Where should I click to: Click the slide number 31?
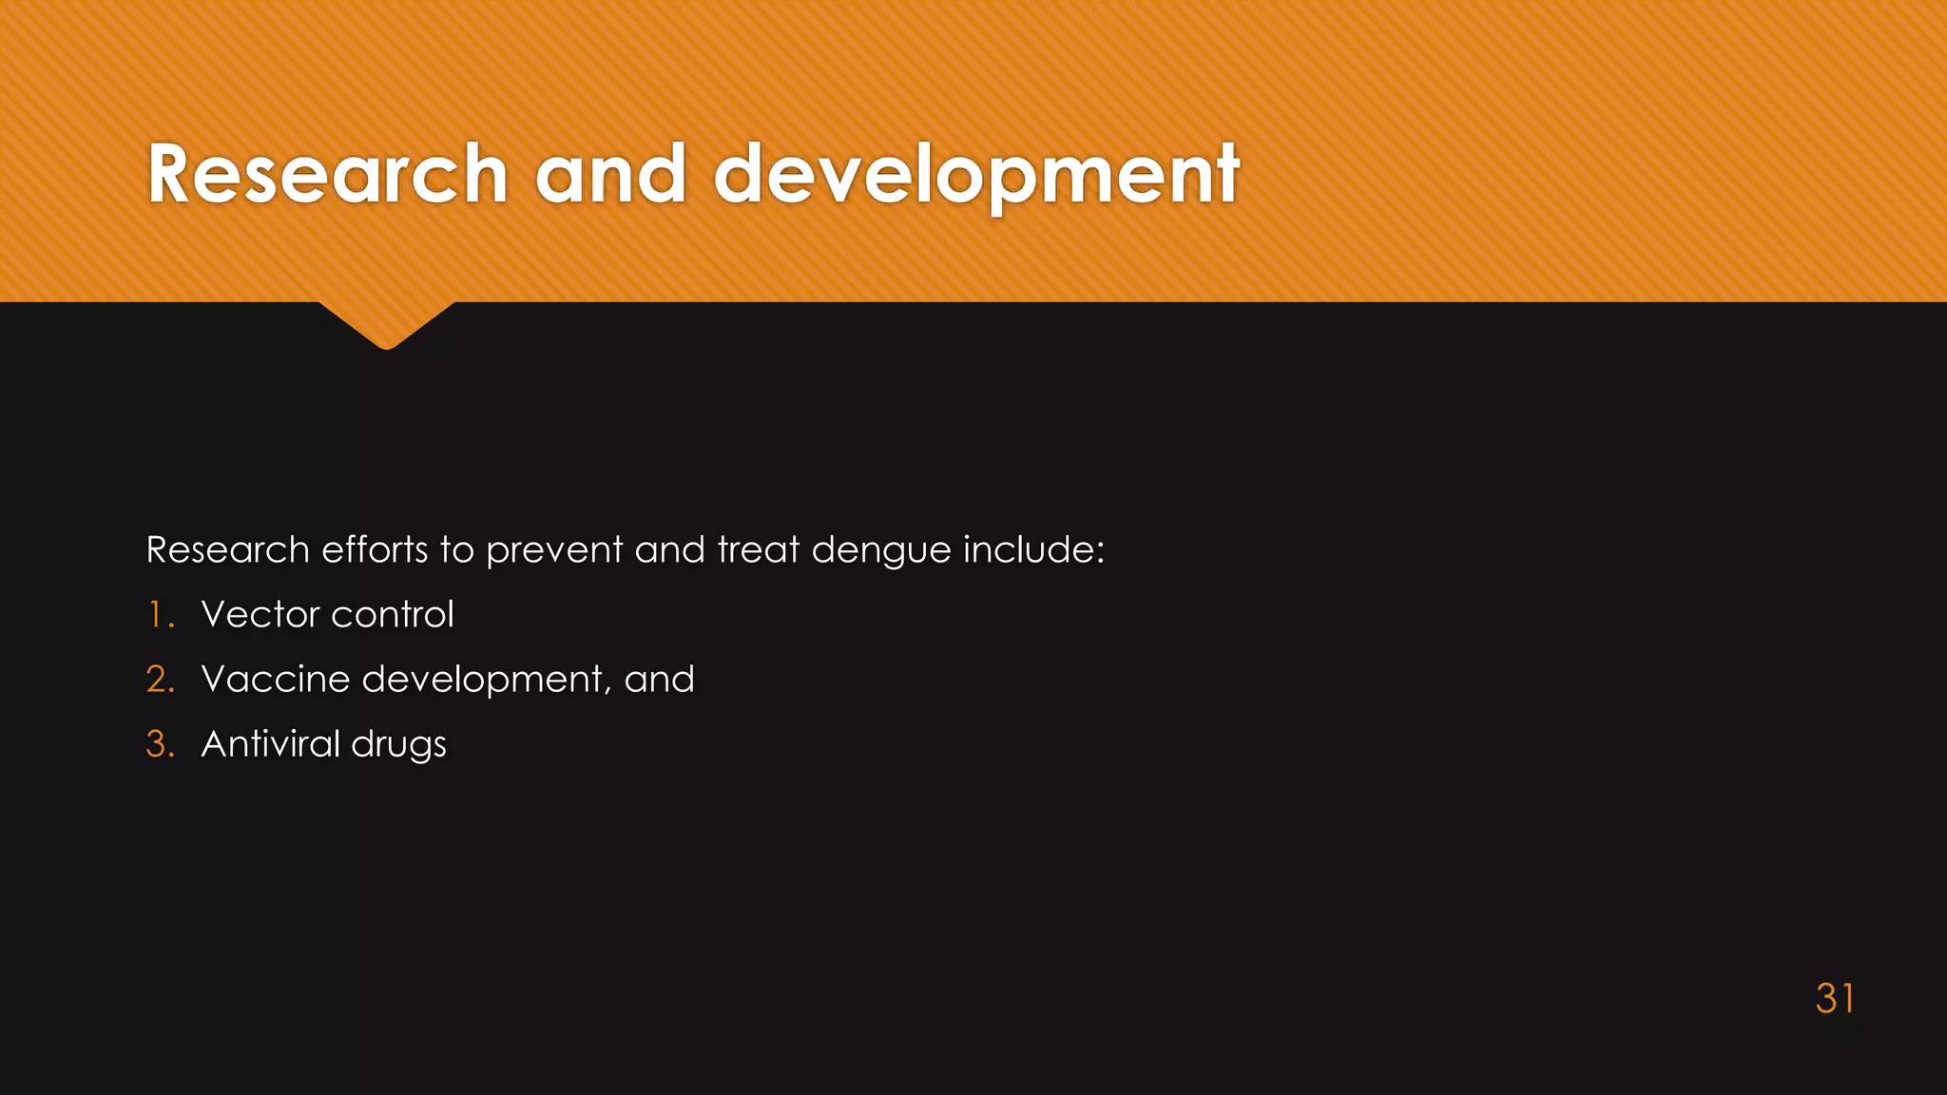coord(1835,998)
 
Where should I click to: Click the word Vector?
coord(260,615)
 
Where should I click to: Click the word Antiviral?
coord(271,744)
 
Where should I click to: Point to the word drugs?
coord(398,744)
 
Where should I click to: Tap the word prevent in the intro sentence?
coord(554,550)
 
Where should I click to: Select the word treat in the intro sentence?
coord(758,550)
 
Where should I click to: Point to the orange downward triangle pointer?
coord(386,323)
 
